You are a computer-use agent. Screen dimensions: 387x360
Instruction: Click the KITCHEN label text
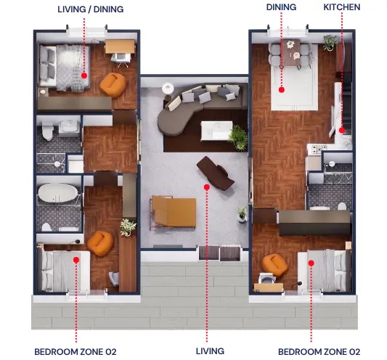coord(341,7)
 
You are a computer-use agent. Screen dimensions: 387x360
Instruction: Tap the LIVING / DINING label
coord(91,9)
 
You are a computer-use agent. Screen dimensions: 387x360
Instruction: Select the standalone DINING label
coord(281,7)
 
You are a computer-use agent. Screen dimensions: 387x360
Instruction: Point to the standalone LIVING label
coord(210,351)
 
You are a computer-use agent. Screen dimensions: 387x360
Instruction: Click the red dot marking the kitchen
coord(342,130)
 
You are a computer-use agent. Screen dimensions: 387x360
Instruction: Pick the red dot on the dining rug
coord(282,90)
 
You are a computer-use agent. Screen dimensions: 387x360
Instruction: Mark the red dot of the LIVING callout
coord(207,187)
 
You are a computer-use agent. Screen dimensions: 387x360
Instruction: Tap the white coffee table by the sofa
coord(216,131)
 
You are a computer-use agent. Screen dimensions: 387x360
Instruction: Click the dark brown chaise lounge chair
coord(215,173)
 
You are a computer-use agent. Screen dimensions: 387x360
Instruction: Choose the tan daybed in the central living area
coord(174,212)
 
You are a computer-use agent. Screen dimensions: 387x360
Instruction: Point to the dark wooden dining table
coord(290,52)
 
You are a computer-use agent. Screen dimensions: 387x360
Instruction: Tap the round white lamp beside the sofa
coord(168,89)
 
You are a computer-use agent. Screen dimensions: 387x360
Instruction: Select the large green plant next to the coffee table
coord(238,137)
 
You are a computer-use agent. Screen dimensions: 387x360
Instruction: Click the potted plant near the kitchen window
coord(330,42)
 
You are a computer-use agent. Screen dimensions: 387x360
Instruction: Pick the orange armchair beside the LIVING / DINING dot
coord(113,85)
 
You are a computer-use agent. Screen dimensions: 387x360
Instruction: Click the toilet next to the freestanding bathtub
coord(47,227)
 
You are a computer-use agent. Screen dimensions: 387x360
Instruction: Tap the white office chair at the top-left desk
coord(121,60)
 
